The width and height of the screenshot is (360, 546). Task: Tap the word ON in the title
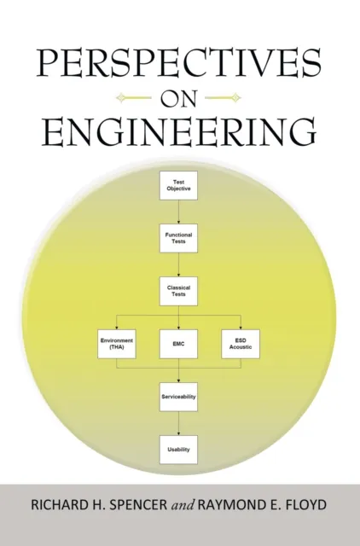coord(179,96)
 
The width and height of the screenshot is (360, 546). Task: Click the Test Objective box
coord(178,185)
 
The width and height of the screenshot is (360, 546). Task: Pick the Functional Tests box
coord(178,237)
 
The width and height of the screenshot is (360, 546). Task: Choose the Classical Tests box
coord(178,290)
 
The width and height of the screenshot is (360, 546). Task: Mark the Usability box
coord(178,449)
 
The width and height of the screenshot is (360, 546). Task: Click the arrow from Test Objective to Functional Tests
coord(178,212)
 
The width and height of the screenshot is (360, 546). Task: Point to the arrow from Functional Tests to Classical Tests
coord(178,264)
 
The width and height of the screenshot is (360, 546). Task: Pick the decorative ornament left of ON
coord(137,96)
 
